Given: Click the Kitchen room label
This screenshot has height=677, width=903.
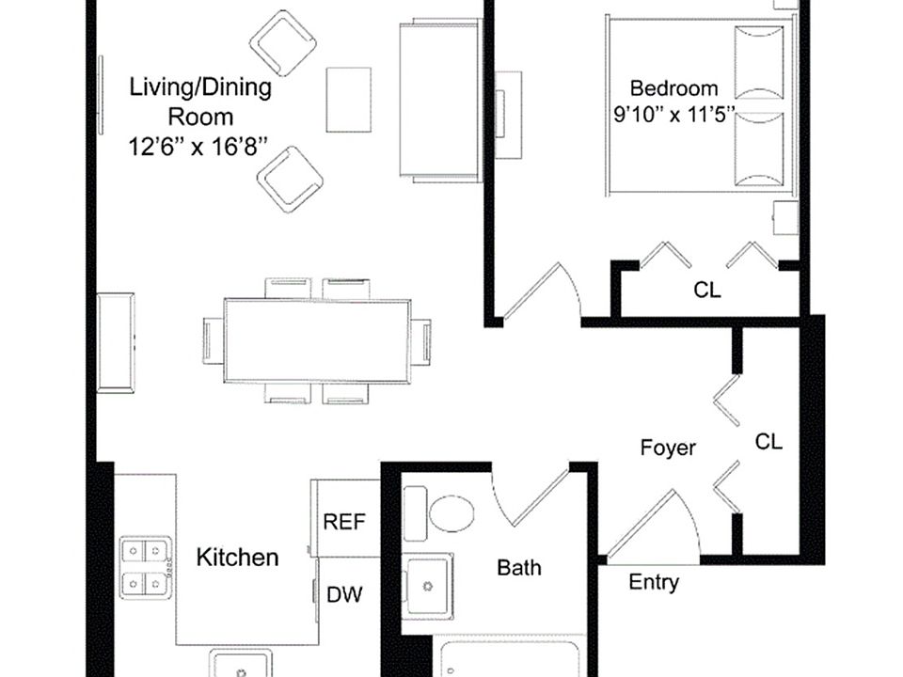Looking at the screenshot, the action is click(237, 558).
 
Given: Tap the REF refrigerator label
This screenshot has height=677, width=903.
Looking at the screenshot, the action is click(344, 522).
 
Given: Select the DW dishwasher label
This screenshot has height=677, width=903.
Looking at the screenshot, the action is click(344, 594).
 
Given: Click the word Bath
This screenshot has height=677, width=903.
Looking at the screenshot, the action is click(519, 568).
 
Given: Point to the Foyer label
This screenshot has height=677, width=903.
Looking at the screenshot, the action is click(668, 448).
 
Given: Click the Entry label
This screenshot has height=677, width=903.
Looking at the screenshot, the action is click(654, 582).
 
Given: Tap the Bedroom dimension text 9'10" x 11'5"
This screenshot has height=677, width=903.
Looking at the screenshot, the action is click(674, 115).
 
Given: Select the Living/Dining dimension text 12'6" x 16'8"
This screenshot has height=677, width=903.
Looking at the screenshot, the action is click(198, 147).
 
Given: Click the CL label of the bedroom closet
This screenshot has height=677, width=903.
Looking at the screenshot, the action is click(706, 290).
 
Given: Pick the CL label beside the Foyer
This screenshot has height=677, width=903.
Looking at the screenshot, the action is click(768, 442).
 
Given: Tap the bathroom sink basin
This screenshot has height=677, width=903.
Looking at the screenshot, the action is click(427, 586).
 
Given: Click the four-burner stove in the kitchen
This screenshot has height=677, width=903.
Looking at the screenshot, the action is click(146, 568).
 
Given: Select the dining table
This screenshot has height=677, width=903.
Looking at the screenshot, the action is click(317, 340).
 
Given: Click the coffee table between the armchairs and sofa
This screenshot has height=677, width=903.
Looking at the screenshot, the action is click(348, 100).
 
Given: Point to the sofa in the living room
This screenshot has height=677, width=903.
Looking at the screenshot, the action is click(440, 101).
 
